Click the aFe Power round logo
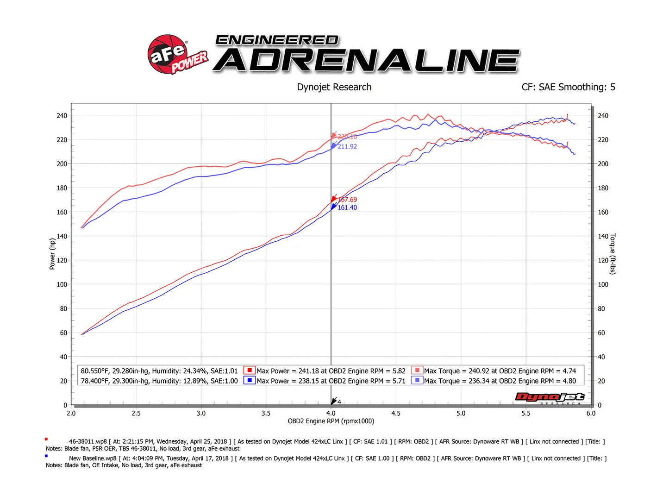click(x=168, y=54)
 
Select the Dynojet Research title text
click(x=334, y=87)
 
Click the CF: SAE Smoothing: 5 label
click(x=568, y=87)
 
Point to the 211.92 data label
click(x=347, y=146)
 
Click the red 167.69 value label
click(x=347, y=200)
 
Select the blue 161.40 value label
click(x=347, y=207)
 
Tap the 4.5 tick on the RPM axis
click(x=396, y=413)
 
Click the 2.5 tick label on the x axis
click(x=136, y=413)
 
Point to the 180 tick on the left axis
click(x=62, y=188)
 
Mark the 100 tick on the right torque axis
click(x=603, y=284)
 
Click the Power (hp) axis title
click(x=52, y=254)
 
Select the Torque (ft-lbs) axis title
click(x=613, y=254)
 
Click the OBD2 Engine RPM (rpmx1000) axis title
click(x=331, y=421)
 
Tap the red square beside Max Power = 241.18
click(x=250, y=370)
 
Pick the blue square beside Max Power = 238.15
click(x=250, y=380)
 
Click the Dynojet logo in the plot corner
click(x=550, y=397)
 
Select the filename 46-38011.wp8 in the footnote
click(x=88, y=442)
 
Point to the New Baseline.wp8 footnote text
click(x=93, y=458)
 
